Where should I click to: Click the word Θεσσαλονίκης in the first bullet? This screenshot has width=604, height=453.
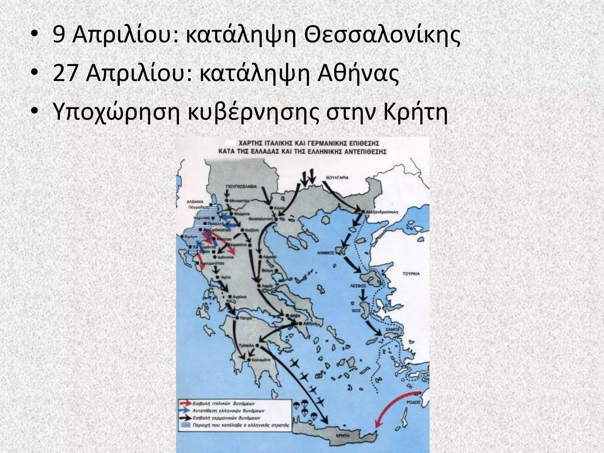[382, 37]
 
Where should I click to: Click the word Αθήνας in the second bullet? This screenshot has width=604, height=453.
[358, 74]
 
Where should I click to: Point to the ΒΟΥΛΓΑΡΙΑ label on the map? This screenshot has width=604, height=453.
[337, 178]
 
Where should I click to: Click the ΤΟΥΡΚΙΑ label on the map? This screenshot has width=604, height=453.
[411, 274]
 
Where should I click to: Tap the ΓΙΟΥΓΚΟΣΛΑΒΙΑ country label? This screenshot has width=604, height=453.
[241, 187]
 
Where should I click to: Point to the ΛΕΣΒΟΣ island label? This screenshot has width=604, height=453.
[358, 286]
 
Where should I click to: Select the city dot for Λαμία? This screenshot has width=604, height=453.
[258, 286]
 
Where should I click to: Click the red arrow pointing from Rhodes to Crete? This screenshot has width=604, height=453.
[393, 407]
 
